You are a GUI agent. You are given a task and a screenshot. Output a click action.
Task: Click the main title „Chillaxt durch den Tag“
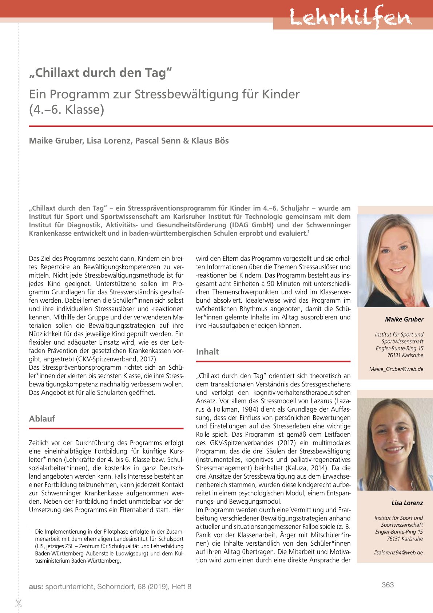point(100,72)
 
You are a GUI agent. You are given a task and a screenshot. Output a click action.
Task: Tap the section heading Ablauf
point(42,419)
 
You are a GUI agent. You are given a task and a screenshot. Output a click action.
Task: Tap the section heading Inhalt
point(207,352)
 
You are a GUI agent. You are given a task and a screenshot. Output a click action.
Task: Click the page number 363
point(388,585)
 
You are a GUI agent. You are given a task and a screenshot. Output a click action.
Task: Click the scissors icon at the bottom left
point(19,603)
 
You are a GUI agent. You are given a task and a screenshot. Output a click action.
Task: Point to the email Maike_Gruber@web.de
point(396,369)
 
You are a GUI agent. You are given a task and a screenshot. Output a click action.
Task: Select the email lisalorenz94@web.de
point(398,553)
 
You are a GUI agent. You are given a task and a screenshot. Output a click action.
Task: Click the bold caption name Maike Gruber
point(404,319)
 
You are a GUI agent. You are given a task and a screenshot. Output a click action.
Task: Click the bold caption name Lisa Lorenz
point(407,503)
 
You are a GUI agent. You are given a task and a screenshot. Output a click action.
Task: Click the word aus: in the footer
point(36,587)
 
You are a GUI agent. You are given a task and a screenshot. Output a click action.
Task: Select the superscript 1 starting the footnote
point(30,531)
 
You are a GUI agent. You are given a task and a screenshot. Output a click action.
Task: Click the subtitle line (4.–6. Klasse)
point(67,110)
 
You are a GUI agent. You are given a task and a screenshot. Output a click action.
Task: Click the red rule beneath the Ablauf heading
point(106,429)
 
